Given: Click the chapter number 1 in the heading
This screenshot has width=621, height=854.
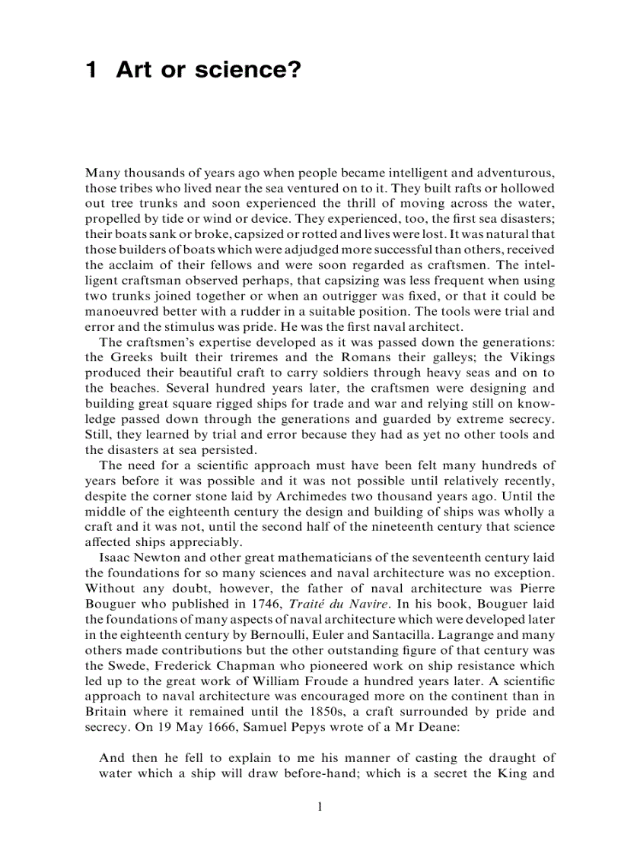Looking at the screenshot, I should pyautogui.click(x=91, y=71).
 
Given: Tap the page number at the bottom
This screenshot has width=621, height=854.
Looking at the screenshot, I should pyautogui.click(x=320, y=806).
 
